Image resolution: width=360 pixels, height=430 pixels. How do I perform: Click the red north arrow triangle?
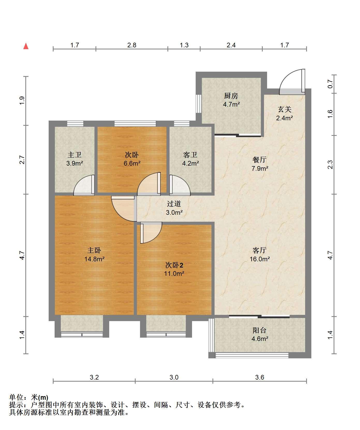(x=26, y=46)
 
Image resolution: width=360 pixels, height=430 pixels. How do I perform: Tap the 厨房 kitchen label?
(x=231, y=96)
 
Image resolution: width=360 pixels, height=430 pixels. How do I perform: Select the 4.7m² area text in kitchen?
(x=231, y=105)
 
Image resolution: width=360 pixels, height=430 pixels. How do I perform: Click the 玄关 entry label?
(x=285, y=109)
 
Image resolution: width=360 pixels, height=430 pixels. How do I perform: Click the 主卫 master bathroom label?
(x=75, y=155)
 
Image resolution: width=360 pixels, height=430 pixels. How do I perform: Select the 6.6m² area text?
(x=132, y=163)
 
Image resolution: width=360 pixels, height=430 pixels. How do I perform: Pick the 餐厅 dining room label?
(x=259, y=160)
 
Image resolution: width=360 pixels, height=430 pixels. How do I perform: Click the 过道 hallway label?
(x=174, y=204)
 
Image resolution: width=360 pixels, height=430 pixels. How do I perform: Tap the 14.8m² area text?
(x=94, y=259)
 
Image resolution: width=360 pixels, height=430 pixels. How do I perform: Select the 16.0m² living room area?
(x=260, y=259)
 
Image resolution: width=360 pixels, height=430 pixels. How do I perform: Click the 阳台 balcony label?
(x=259, y=330)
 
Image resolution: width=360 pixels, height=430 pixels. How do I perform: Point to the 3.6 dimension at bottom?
(x=260, y=377)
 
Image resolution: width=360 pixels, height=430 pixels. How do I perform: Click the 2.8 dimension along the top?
(x=132, y=45)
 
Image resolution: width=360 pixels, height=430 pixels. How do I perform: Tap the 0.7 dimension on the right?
(x=330, y=84)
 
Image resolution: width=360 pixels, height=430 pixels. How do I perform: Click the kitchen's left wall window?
(x=199, y=103)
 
